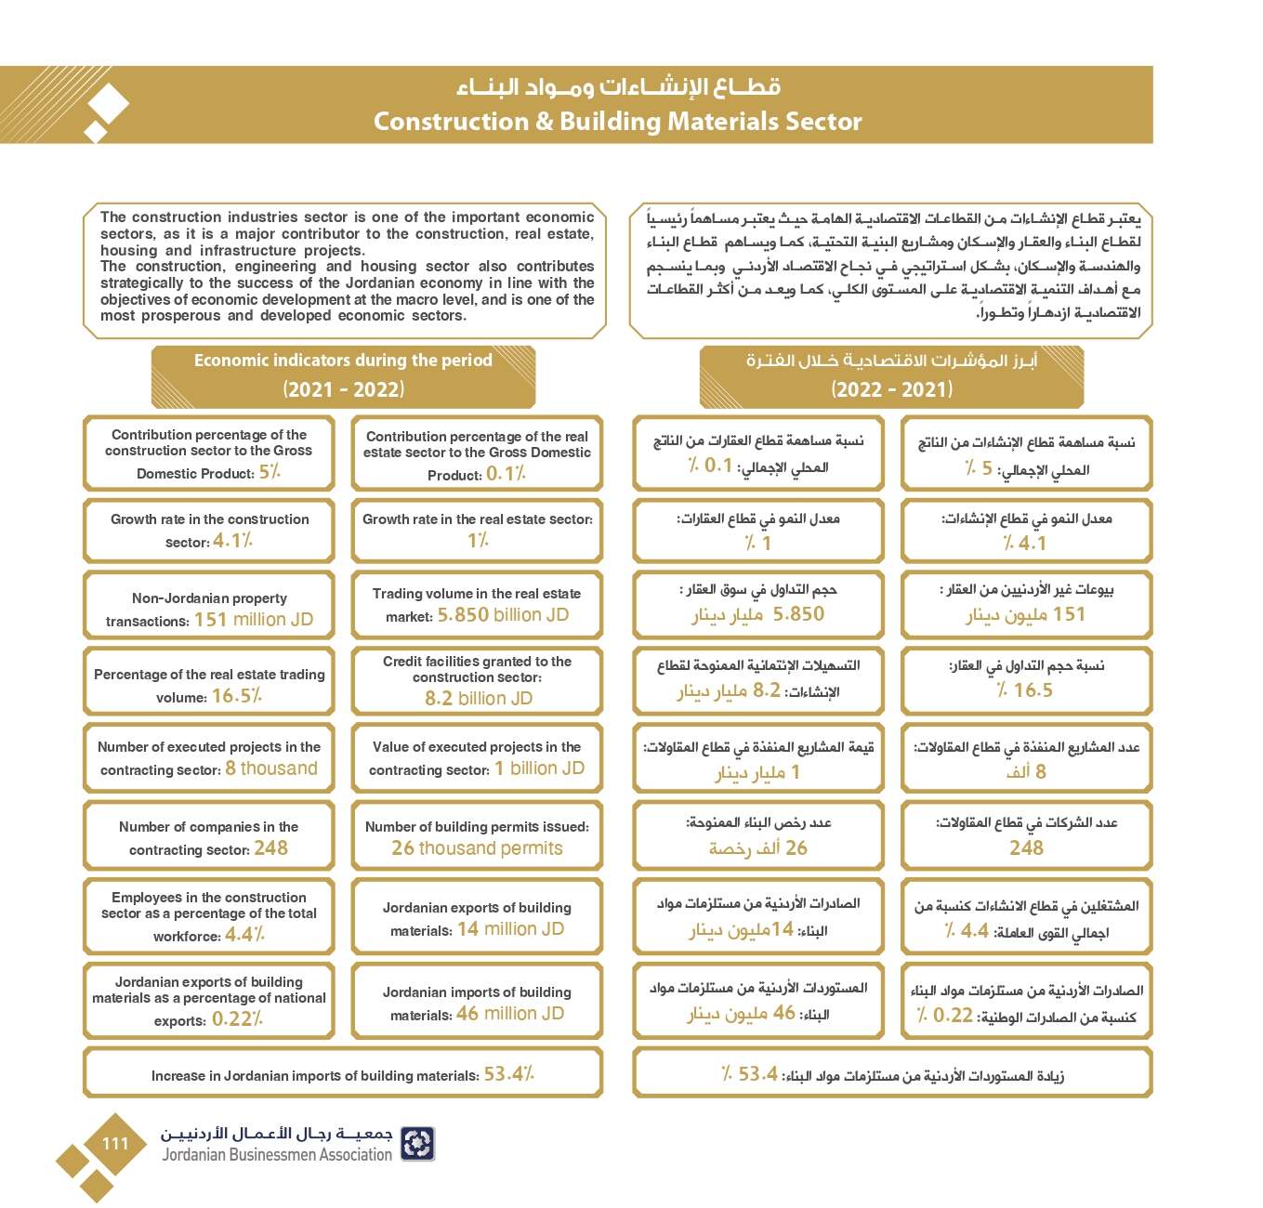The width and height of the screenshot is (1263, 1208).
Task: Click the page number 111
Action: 115,1144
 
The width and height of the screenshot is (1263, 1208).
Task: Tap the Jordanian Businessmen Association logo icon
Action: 417,1144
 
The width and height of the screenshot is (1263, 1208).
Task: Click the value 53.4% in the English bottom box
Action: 508,1074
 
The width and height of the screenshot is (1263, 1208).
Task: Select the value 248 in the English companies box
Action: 270,848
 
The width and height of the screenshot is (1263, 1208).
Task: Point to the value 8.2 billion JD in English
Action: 479,698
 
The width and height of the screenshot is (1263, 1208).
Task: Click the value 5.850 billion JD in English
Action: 503,615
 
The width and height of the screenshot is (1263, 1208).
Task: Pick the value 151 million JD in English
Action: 254,620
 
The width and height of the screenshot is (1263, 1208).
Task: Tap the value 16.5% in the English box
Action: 236,696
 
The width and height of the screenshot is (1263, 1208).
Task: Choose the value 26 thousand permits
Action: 477,848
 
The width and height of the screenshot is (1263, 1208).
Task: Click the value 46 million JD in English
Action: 510,1014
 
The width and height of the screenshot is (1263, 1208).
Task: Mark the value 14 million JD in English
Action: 510,929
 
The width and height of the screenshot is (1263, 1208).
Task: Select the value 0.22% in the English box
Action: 237,1019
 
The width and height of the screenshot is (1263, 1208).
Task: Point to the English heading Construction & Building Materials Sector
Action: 617,122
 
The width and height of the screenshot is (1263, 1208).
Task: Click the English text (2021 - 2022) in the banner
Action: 344,389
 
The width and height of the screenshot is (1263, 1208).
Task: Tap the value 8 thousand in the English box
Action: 271,768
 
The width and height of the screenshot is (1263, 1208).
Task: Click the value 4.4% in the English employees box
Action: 244,935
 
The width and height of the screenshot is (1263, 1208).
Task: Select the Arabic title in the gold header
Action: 618,87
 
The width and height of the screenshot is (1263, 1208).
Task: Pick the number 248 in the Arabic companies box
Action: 1026,847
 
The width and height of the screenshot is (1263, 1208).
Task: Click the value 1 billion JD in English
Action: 539,768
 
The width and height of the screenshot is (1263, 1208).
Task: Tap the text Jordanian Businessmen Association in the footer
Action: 277,1155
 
